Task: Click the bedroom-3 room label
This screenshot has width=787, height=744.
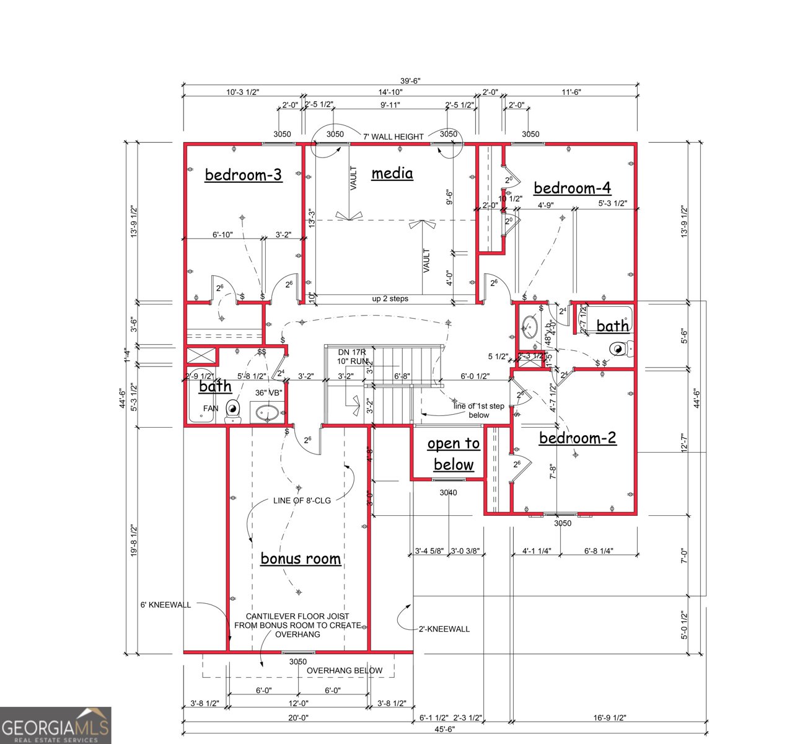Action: tap(243, 175)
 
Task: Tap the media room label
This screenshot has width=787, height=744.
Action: tap(392, 173)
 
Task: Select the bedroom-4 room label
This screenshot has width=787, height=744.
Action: tap(572, 188)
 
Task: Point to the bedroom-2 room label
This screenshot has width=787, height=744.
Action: tap(577, 438)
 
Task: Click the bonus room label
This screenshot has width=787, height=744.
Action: tap(301, 559)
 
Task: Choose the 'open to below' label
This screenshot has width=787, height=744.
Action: tap(453, 454)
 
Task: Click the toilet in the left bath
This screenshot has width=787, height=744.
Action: tap(233, 410)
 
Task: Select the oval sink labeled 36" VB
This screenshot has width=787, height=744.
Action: tap(268, 412)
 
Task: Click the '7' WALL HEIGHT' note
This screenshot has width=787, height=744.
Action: tap(393, 136)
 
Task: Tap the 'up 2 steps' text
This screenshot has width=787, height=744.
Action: tap(390, 299)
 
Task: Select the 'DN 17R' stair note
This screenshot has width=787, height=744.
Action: tap(352, 352)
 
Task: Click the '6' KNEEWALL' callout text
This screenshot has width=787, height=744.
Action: tap(165, 604)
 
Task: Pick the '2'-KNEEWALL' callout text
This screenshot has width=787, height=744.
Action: tap(444, 629)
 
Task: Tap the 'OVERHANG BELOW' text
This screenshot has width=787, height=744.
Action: tap(345, 670)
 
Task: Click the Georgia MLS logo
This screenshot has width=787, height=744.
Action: tap(56, 725)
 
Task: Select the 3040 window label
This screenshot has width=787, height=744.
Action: tap(448, 493)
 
